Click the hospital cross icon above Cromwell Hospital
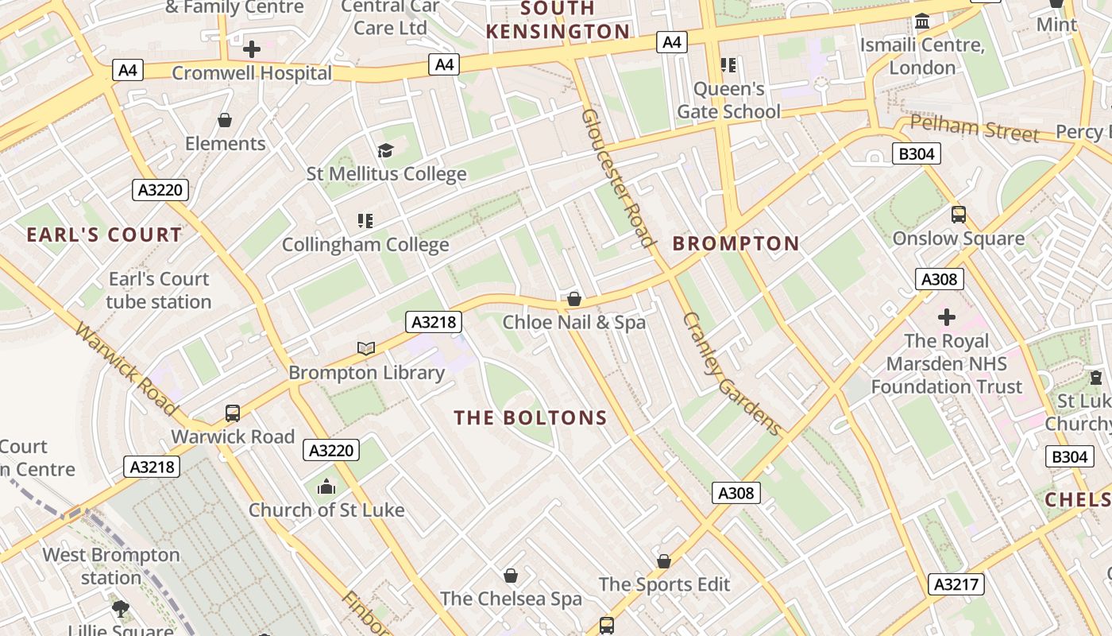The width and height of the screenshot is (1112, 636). pos(252,49)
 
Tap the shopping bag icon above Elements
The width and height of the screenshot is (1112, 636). pos(225,120)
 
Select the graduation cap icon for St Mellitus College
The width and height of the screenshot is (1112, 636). pos(385,150)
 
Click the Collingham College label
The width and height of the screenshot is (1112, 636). pos(365,244)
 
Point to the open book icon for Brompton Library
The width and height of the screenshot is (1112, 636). pos(366,348)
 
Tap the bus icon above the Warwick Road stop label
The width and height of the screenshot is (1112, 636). pos(233,413)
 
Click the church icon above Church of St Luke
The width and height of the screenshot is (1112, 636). pos(326,487)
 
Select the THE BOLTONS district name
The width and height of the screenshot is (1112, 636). pos(531,417)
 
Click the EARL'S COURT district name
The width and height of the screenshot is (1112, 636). pos(104,235)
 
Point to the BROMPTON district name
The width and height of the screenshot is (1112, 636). pos(736,243)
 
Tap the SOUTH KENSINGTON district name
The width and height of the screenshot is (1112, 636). pos(558,21)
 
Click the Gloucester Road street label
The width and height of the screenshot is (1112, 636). pos(618,177)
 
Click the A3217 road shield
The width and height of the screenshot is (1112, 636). pos(956,584)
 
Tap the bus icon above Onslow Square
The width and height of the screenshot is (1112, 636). pos(959,215)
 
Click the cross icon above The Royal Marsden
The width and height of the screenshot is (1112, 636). pos(947,318)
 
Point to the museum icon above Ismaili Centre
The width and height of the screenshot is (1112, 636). pos(922,21)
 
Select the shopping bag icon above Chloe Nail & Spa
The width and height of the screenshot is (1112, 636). pos(574,300)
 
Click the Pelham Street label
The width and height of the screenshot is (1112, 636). pos(975,128)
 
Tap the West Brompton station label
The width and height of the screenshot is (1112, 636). pos(111,565)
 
